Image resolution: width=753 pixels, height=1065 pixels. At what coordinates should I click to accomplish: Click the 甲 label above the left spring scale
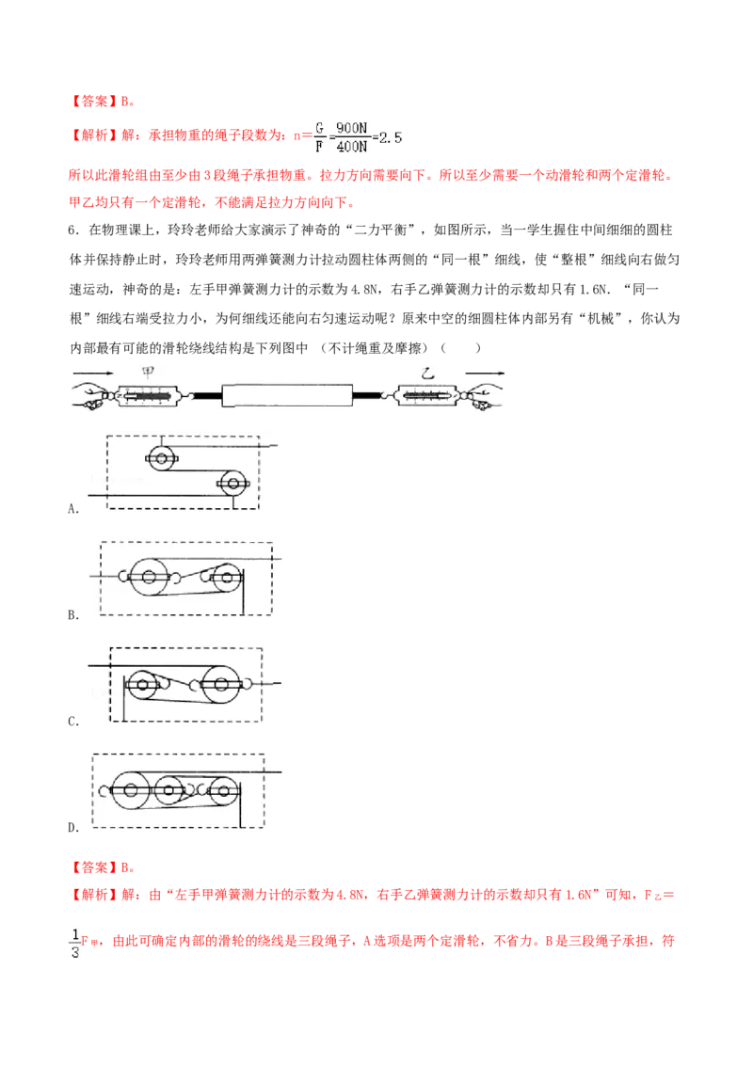point(148,372)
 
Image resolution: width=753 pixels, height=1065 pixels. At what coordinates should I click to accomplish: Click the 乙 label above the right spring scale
point(427,373)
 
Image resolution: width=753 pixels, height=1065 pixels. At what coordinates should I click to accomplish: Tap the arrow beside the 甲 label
point(94,373)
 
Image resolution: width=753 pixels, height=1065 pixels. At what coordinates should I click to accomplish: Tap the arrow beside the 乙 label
point(485,373)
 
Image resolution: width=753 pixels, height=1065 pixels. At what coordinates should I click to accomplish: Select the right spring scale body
point(428,394)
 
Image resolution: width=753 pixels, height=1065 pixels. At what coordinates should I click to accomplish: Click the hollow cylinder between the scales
point(287,395)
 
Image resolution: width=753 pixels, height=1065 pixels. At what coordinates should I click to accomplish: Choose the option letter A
point(72,509)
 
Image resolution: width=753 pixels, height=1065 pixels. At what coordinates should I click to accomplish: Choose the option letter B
point(72,615)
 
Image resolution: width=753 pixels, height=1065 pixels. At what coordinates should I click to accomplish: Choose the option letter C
point(72,722)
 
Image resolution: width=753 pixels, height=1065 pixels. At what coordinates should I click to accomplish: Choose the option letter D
point(72,827)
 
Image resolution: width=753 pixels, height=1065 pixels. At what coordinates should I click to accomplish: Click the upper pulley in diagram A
point(161,458)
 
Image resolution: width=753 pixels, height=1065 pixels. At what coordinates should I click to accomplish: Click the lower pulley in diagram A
point(233,484)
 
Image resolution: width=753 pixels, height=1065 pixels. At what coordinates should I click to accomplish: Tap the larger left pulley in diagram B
point(148,578)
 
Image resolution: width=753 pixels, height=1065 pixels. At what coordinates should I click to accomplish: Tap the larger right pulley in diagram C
point(221,684)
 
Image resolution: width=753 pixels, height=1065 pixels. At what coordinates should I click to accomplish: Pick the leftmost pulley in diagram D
point(131,790)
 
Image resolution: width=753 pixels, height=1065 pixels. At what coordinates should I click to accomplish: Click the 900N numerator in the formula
point(351,128)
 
